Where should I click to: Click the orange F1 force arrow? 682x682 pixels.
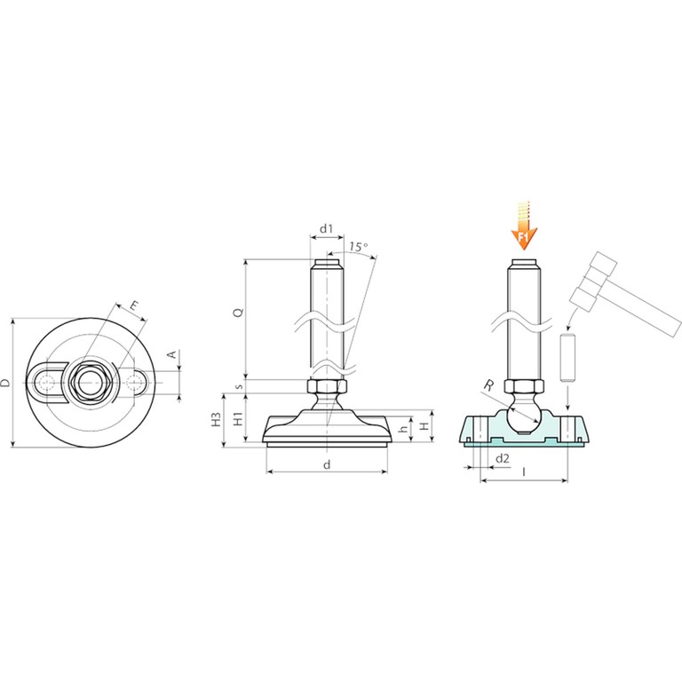click(x=524, y=226)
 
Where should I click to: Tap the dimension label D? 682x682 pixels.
click(x=5, y=383)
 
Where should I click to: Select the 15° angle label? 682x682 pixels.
click(x=359, y=247)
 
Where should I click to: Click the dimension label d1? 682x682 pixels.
click(x=326, y=228)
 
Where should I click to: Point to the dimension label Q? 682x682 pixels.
click(x=238, y=312)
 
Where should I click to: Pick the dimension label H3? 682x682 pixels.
click(x=217, y=419)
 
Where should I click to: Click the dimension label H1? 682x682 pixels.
click(x=238, y=419)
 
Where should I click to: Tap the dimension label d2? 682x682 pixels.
click(x=503, y=458)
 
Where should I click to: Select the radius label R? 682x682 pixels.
click(x=489, y=385)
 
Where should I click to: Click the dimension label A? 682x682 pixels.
click(x=172, y=354)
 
